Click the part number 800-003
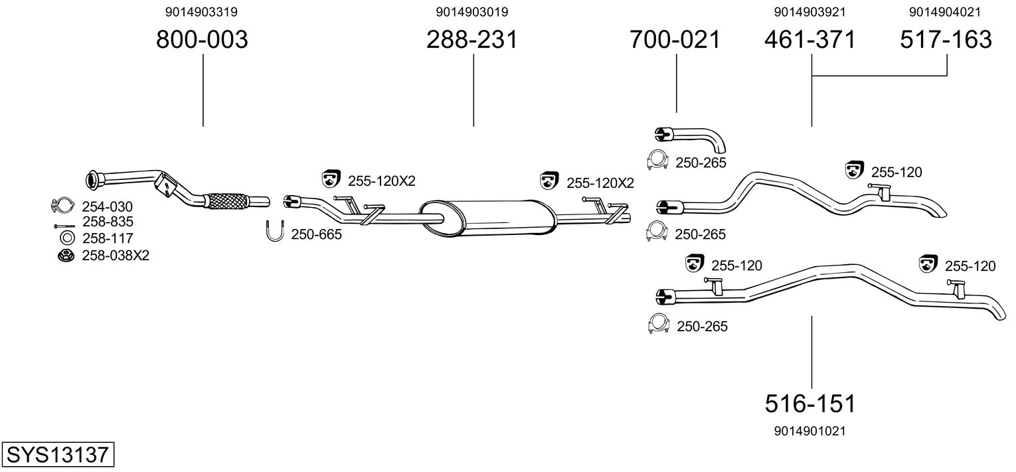point(202,40)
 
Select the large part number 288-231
point(472,40)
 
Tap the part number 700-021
point(675,40)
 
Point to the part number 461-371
point(810,40)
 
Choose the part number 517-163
point(946,40)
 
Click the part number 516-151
point(810,403)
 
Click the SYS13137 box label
point(57,455)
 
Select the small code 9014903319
point(201,12)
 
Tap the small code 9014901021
point(810,431)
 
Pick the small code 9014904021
point(946,12)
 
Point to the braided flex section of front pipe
point(226,200)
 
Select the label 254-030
point(107,207)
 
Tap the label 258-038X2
point(115,255)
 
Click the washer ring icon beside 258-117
point(66,238)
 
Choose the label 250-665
point(316,234)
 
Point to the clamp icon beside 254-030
point(62,206)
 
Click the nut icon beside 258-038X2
point(66,255)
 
